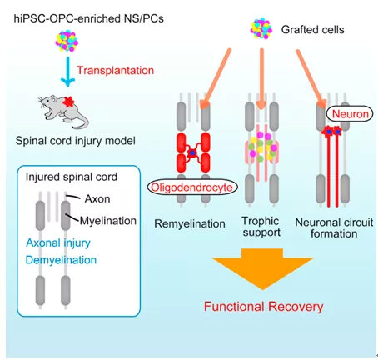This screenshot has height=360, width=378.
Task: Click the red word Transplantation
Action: click(x=115, y=70)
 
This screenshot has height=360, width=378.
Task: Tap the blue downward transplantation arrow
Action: click(x=67, y=72)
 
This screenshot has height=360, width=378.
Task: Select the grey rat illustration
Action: click(x=63, y=112)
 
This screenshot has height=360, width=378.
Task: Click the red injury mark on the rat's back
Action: click(x=68, y=102)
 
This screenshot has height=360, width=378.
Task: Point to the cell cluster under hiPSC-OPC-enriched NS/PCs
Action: click(x=67, y=42)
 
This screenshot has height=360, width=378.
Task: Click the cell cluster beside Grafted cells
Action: click(x=261, y=28)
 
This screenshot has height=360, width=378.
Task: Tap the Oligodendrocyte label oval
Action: click(x=192, y=187)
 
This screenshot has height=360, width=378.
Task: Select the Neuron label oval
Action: click(x=350, y=114)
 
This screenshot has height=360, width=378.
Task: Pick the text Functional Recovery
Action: click(x=264, y=307)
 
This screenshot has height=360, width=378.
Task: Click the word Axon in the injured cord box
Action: click(x=97, y=199)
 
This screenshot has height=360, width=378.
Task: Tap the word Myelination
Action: click(x=108, y=221)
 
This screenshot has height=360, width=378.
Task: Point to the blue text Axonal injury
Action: click(x=58, y=243)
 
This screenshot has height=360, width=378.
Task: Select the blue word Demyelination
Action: click(x=61, y=260)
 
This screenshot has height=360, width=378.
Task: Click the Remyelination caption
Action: click(x=190, y=223)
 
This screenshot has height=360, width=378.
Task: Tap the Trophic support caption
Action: click(x=261, y=227)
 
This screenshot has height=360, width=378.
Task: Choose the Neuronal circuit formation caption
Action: click(x=334, y=227)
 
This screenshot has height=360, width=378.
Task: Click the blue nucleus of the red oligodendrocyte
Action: click(x=192, y=152)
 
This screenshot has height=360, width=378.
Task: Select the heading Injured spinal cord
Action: click(x=72, y=177)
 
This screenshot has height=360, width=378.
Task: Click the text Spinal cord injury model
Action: click(x=76, y=141)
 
